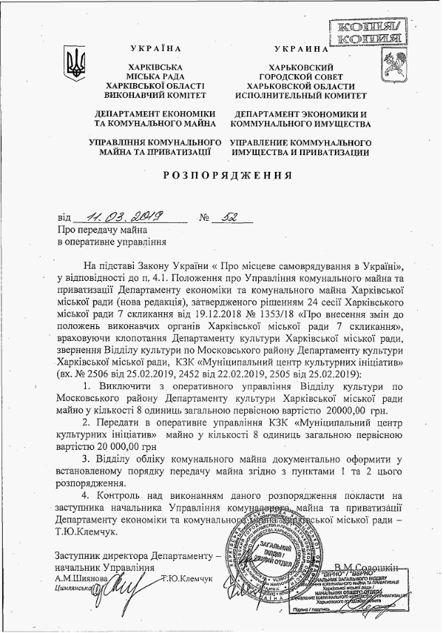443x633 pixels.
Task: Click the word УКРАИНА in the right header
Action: [301, 50]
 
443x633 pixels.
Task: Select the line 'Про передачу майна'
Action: [103, 230]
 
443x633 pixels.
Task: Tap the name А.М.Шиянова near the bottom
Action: [80, 579]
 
